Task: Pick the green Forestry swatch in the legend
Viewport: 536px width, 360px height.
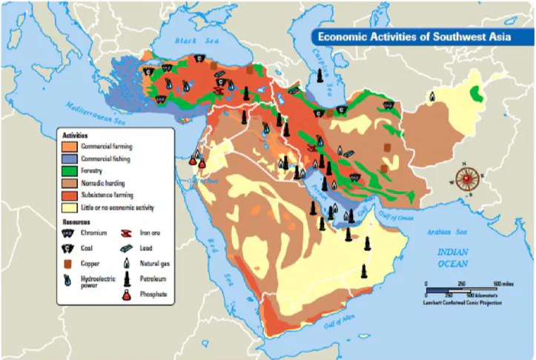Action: pyautogui.click(x=70, y=170)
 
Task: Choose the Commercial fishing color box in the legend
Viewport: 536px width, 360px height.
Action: pyautogui.click(x=70, y=159)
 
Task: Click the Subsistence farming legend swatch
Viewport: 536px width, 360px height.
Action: pyautogui.click(x=70, y=194)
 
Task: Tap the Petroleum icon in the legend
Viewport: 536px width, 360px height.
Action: pyautogui.click(x=126, y=279)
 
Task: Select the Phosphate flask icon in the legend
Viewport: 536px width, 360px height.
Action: pyautogui.click(x=126, y=295)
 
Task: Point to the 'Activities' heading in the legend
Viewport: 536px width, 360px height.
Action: pyautogui.click(x=75, y=136)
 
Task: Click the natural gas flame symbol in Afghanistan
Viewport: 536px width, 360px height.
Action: pyautogui.click(x=432, y=96)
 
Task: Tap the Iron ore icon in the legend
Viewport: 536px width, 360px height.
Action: pyautogui.click(x=126, y=233)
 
